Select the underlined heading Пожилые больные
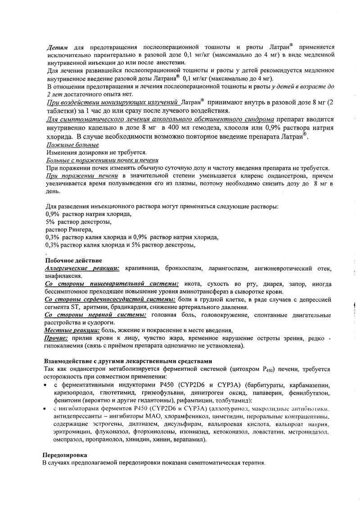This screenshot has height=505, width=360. click(72, 144)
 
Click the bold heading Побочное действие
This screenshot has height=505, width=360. click(73, 261)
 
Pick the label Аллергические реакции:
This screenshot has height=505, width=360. click(82, 268)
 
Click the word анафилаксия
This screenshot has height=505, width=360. click(63, 275)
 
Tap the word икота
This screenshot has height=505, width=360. click(191, 284)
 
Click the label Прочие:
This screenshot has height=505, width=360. click(56, 338)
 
